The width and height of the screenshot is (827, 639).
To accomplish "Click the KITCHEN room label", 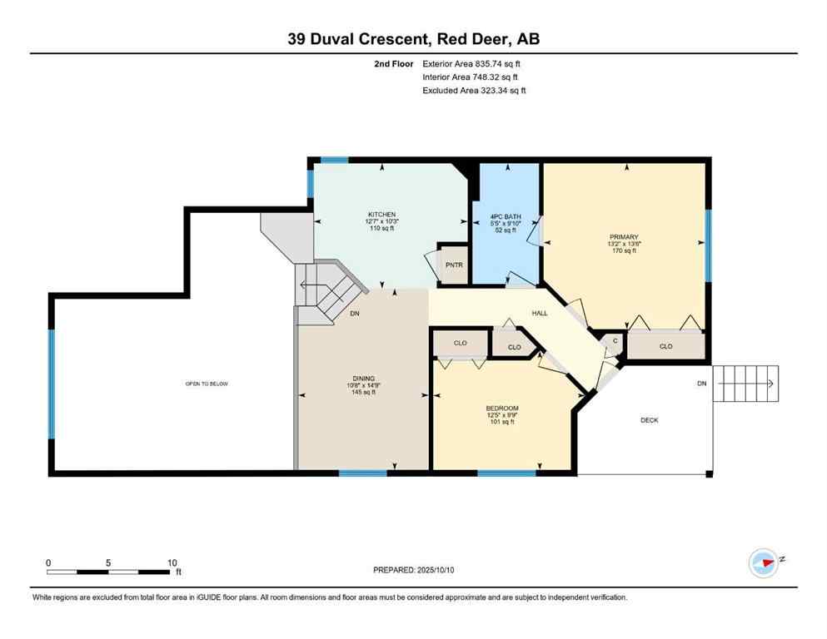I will click(381, 214).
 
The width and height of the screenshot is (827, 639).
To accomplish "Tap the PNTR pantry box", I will click(453, 265).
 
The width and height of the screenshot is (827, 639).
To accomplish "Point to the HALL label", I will click(540, 314).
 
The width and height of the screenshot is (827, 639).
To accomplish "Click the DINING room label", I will click(361, 378).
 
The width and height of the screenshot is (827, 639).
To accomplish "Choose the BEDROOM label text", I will click(502, 408).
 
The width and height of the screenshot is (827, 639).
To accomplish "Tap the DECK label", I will click(649, 420).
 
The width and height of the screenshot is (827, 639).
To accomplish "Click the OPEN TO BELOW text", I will click(207, 384).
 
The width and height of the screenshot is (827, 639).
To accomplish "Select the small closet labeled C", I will click(615, 340).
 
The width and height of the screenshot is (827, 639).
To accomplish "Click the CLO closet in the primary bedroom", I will click(665, 346).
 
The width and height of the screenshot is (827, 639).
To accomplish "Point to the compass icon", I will click(763, 562).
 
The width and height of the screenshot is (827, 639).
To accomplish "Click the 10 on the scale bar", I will click(172, 562).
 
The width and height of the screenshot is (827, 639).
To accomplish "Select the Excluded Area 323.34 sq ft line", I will click(474, 90).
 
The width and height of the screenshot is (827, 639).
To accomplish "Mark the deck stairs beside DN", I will click(746, 384).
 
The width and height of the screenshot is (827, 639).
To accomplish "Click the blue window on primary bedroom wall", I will click(708, 245).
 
